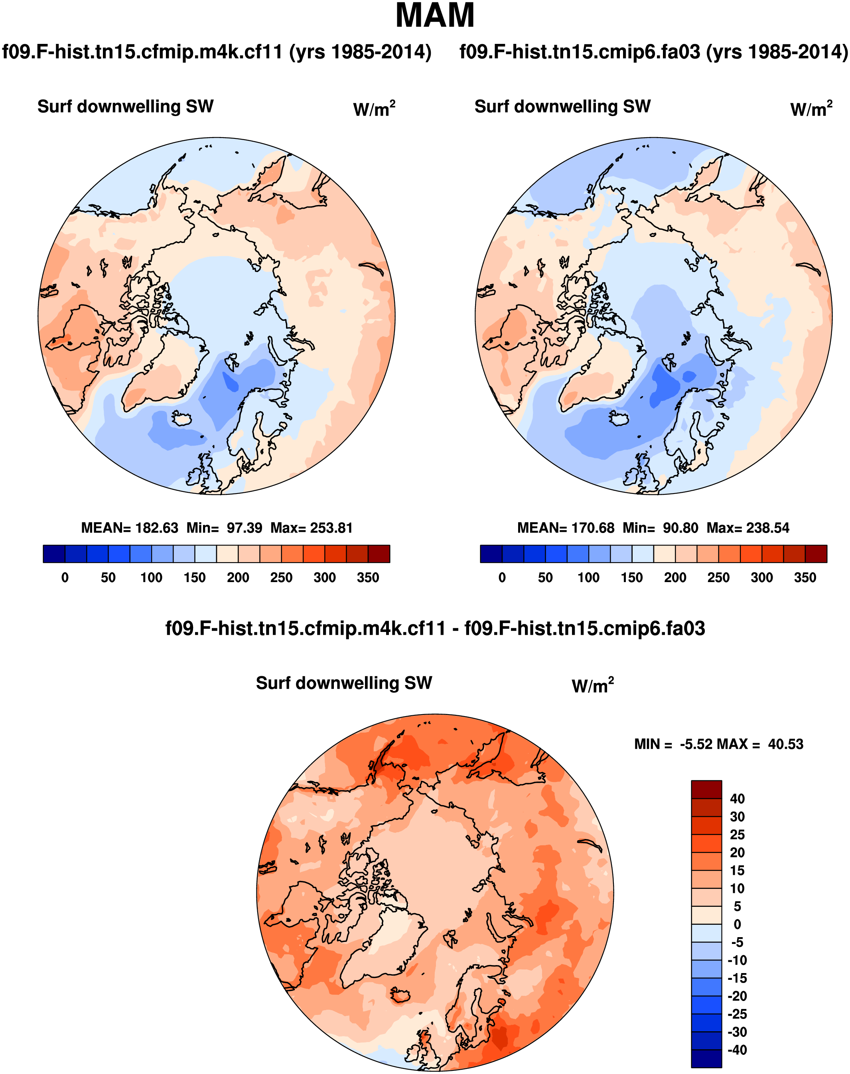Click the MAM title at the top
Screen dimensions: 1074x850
435,16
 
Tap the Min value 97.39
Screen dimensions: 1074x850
245,528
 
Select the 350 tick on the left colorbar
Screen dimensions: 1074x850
368,578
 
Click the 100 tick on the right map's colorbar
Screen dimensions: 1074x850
588,578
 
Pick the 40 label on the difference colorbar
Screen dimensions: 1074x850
737,799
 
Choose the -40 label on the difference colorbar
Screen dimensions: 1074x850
737,1050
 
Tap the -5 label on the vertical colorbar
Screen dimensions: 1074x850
737,942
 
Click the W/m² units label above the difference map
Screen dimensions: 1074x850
592,686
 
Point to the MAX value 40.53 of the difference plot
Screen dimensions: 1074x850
785,744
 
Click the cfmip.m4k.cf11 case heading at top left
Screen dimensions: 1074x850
217,52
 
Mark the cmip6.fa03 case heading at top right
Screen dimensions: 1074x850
653,52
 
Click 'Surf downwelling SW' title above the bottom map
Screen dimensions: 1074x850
344,683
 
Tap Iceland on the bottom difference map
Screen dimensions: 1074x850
399,994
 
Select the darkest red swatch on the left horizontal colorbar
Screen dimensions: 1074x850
379,554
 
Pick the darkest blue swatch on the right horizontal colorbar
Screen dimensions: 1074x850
491,554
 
